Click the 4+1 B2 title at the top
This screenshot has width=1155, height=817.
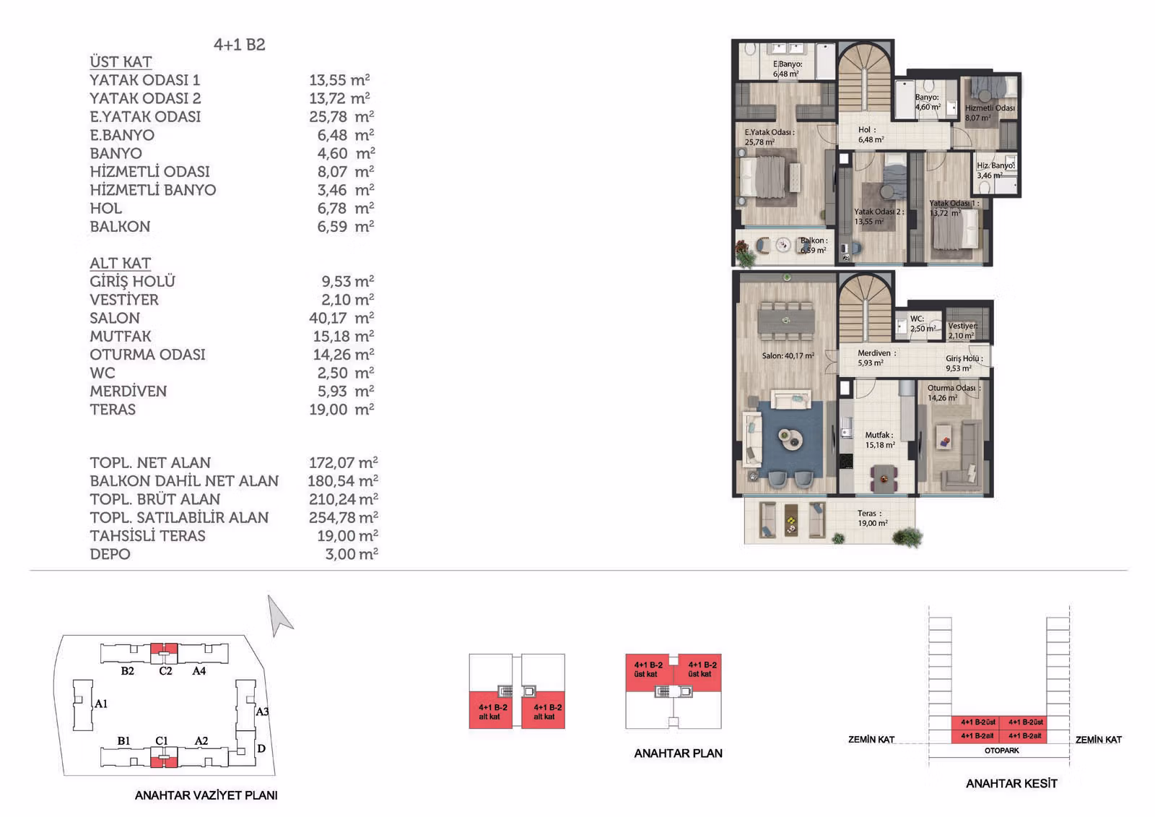pos(239,45)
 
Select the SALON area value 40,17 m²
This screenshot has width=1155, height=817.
pos(341,318)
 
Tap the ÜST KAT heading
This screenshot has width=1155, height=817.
pos(121,62)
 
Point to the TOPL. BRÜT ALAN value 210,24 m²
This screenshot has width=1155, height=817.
pos(344,499)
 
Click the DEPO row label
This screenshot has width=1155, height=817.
pos(110,554)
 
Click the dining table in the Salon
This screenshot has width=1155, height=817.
pos(786,321)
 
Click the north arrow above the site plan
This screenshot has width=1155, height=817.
pos(279,615)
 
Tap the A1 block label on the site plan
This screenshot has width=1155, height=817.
pos(101,704)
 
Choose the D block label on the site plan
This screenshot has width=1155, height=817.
pos(261,748)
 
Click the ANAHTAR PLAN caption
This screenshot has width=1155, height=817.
pos(678,753)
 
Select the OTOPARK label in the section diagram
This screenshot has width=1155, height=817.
pos(1001,751)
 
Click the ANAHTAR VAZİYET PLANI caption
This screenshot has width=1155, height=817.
pos(206,795)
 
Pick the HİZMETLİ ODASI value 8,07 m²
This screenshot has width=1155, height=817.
pos(346,171)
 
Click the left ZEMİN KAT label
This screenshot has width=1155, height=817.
pos(871,740)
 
